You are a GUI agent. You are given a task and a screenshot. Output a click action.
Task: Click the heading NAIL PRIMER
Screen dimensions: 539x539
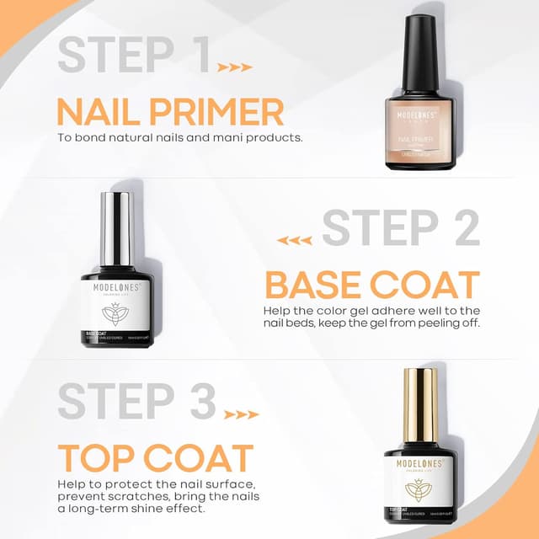[x=169, y=111]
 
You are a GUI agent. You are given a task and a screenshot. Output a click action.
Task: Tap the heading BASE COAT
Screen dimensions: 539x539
[x=372, y=286]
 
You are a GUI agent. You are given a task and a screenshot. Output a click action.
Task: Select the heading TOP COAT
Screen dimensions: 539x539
[x=156, y=457]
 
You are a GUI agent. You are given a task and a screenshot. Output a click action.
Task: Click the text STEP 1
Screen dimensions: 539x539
[x=134, y=55]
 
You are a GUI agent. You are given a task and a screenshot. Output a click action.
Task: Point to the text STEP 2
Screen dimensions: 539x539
[x=401, y=228]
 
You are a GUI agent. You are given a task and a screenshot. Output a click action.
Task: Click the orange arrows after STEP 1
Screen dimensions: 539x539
[x=234, y=67]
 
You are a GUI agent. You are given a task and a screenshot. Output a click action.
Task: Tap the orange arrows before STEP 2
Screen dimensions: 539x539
[x=295, y=240]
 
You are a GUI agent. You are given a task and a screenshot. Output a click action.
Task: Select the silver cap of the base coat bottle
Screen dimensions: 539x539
[x=117, y=229]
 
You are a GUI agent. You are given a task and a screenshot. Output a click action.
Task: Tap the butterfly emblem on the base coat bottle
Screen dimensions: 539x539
[x=117, y=312]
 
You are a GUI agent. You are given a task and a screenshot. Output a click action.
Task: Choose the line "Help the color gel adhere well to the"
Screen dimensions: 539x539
[x=371, y=312]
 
